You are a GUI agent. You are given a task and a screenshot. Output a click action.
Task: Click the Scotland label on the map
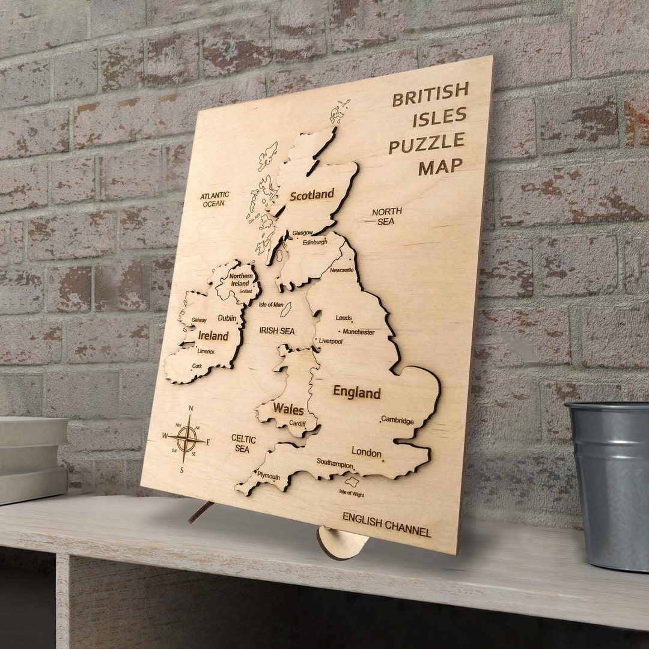click(311, 195)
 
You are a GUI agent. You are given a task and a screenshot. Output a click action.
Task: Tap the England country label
click(356, 392)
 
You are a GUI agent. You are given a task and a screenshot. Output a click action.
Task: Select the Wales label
click(288, 409)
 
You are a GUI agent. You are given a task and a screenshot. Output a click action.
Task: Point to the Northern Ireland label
click(240, 279)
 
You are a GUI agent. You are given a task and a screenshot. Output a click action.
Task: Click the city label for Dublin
click(227, 318)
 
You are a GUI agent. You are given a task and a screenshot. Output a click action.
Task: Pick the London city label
click(367, 452)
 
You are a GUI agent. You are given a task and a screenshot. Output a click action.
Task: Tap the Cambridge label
click(397, 421)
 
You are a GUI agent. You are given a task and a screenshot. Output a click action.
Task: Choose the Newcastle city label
click(342, 270)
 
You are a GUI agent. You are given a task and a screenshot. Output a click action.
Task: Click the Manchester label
click(358, 332)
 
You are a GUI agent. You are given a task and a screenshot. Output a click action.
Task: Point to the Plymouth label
click(269, 475)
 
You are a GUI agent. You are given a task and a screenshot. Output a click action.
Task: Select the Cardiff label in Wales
click(297, 424)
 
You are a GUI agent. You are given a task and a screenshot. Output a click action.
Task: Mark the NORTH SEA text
click(386, 216)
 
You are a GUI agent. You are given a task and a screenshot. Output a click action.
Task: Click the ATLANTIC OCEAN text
click(215, 200)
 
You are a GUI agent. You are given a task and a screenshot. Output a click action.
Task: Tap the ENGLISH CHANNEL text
click(386, 524)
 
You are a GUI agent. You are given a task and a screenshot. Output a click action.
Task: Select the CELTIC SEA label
click(243, 444)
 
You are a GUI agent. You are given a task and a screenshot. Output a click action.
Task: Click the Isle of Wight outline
click(352, 481)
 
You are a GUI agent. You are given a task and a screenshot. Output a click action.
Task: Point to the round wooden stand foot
click(342, 542)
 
